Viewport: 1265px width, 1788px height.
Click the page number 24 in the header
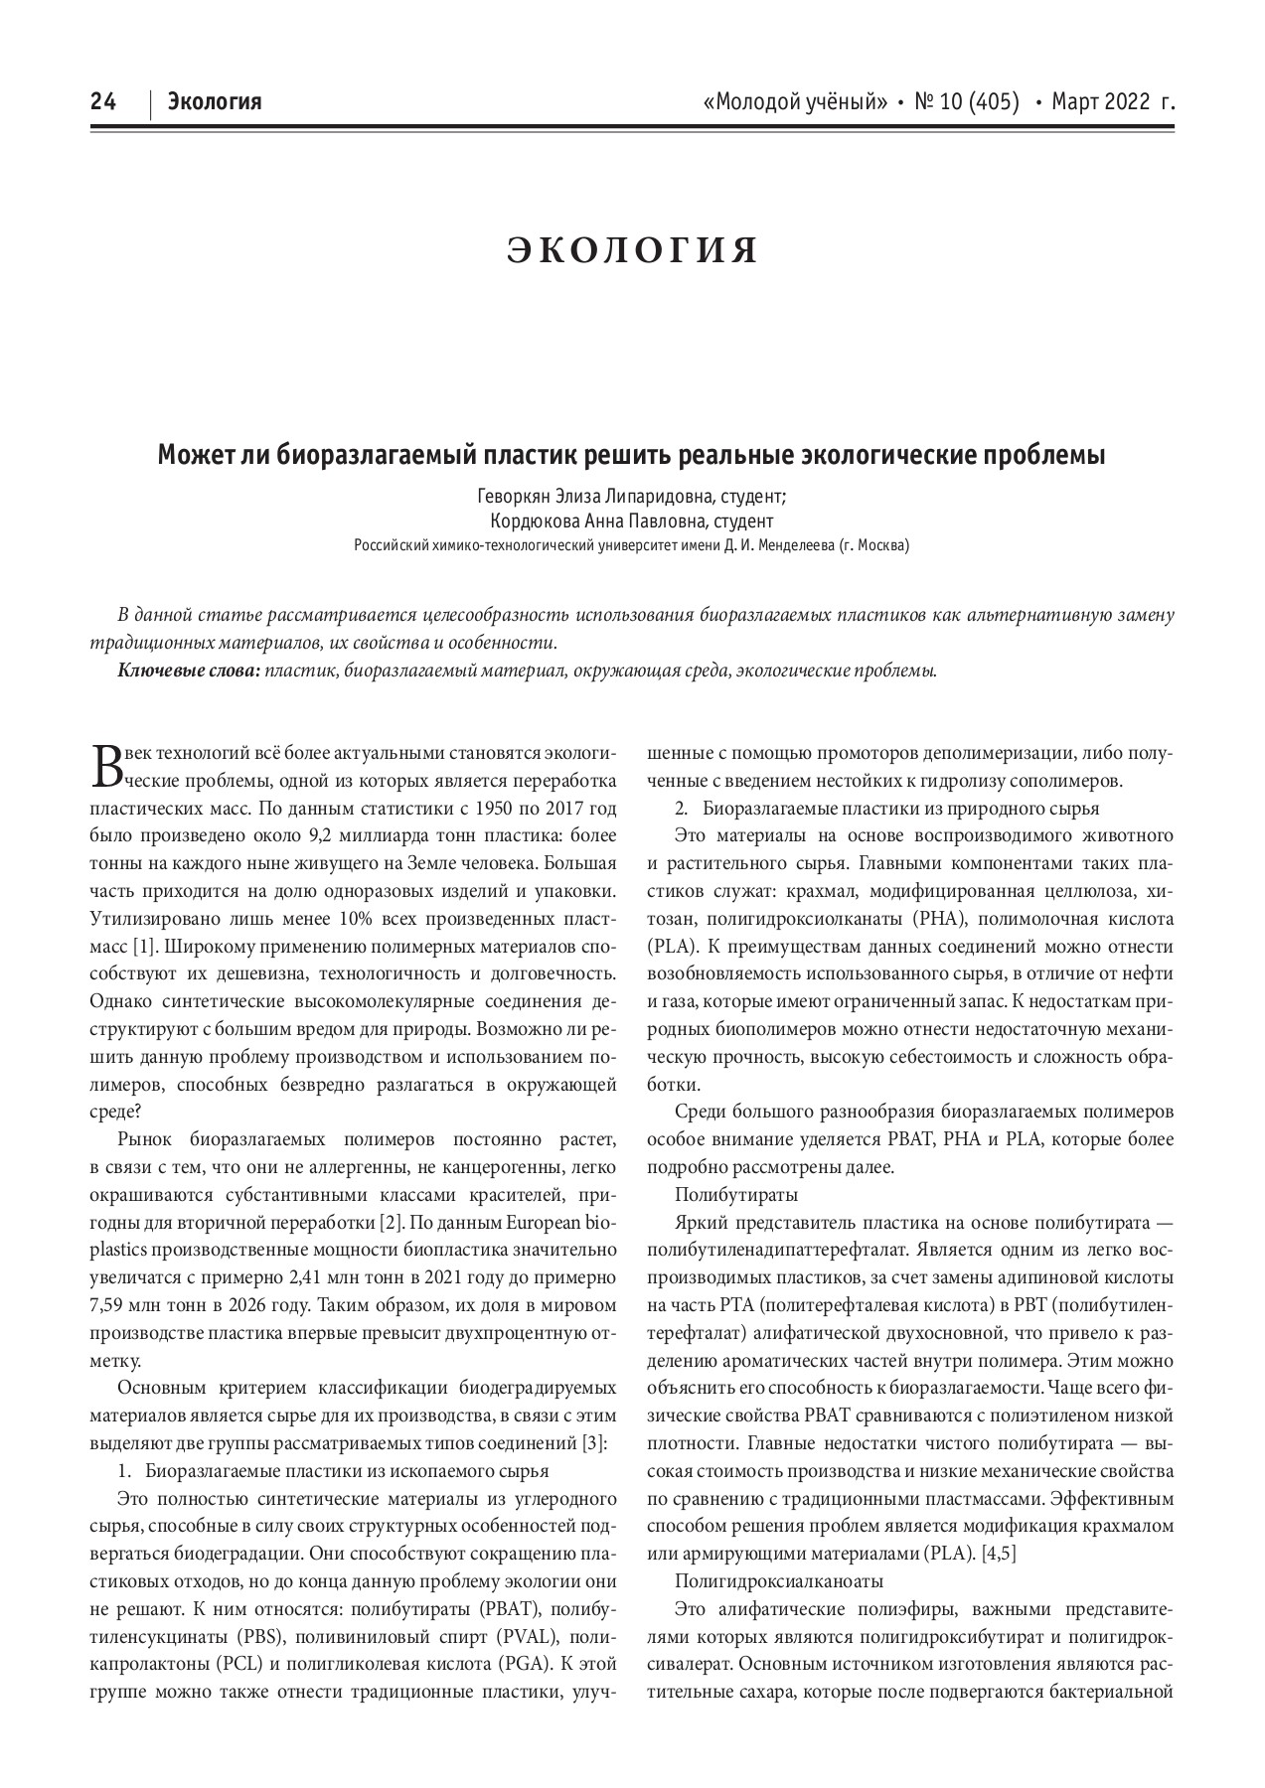103,101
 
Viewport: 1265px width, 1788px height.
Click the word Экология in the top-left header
215,101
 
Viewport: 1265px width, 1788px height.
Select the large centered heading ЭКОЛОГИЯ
633,250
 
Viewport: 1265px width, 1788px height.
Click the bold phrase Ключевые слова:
189,670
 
